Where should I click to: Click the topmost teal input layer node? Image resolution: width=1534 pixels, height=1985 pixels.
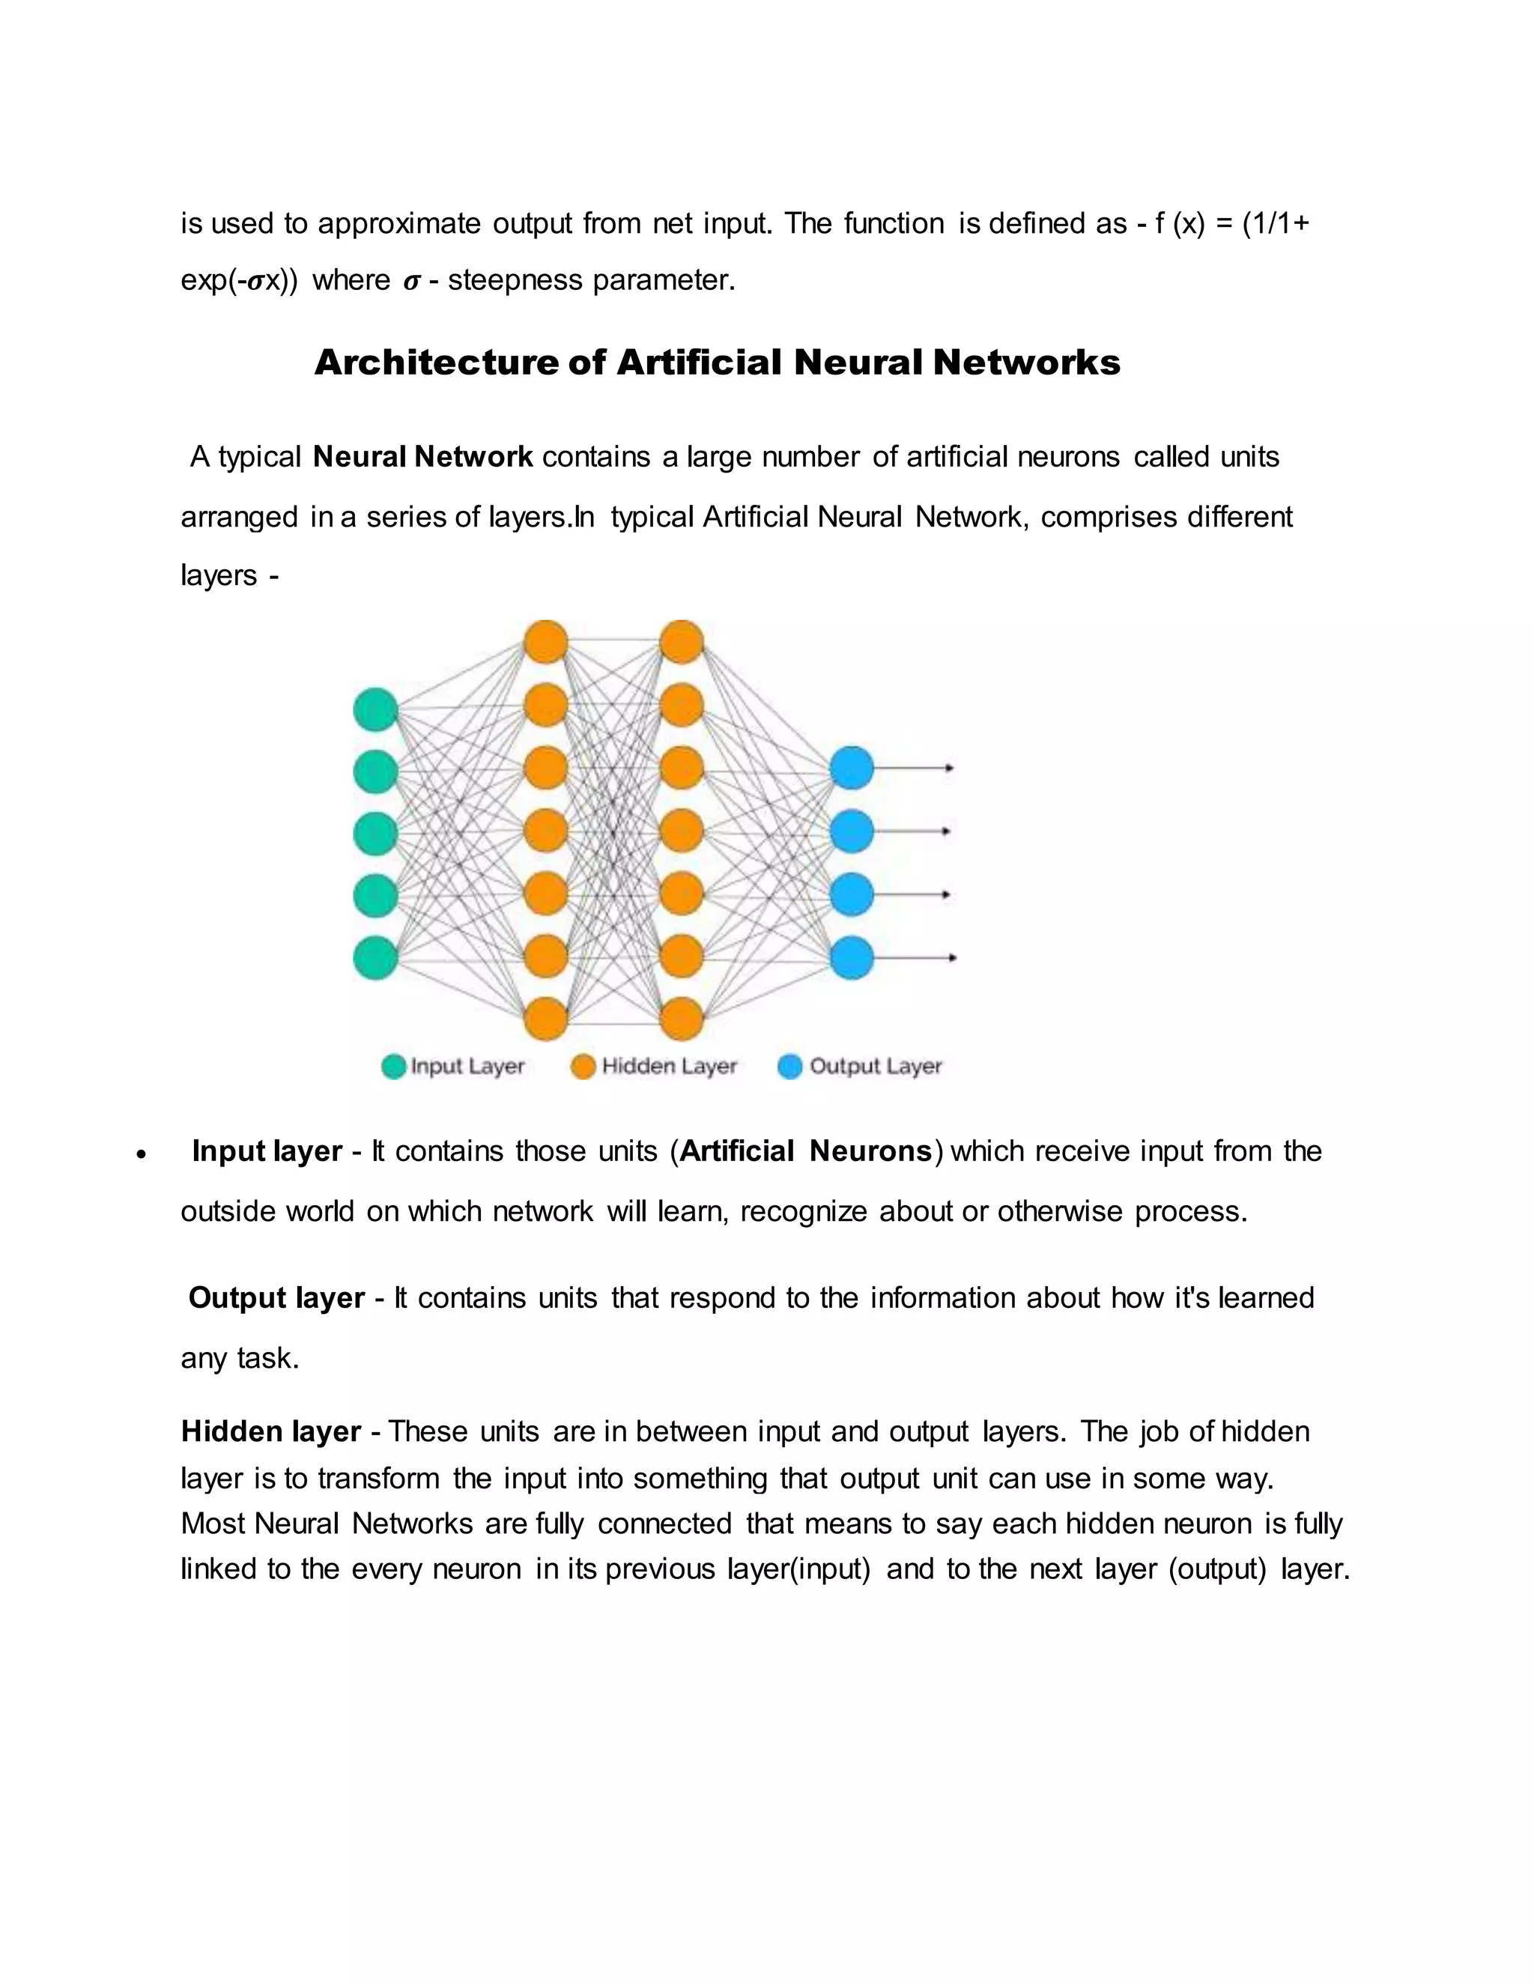point(375,709)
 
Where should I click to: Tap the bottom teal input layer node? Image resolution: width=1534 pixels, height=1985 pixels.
point(375,958)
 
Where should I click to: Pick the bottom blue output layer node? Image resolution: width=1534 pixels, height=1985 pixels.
point(852,958)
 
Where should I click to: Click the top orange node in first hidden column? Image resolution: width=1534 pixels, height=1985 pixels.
point(546,643)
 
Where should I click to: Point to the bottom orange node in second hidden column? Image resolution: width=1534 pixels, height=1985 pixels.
point(682,1019)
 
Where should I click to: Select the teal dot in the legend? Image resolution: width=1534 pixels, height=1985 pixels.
point(393,1066)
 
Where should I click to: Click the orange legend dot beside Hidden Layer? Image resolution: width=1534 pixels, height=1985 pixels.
point(583,1066)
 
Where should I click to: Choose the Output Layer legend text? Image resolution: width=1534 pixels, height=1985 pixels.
point(875,1066)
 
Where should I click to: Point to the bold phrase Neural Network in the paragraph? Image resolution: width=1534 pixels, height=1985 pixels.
point(422,456)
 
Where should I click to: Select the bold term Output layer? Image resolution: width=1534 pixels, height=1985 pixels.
point(276,1298)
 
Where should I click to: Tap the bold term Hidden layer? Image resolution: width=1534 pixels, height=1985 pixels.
point(271,1431)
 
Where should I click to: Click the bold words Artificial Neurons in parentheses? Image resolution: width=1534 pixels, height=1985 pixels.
point(805,1151)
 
